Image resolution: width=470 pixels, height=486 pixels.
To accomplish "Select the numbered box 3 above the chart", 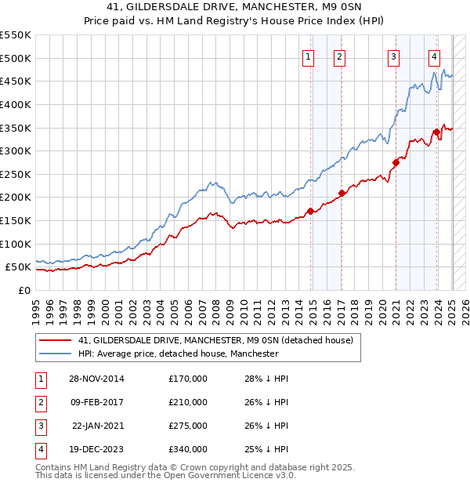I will click(x=392, y=56).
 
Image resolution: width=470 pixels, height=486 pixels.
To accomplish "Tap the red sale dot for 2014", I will click(x=311, y=211).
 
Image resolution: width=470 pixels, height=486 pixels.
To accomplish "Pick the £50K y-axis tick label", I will click(x=19, y=267).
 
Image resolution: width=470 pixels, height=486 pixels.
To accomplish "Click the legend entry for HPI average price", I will click(x=178, y=354).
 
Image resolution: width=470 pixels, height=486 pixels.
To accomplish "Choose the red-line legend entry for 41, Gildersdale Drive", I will click(x=216, y=340).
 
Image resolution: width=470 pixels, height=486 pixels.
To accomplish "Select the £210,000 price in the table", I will click(x=188, y=402).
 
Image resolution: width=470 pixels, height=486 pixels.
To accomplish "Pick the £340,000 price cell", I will click(x=188, y=449).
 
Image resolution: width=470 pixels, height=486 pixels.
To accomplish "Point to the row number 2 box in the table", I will click(x=40, y=402).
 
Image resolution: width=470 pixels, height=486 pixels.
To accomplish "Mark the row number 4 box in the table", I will click(x=40, y=449).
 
